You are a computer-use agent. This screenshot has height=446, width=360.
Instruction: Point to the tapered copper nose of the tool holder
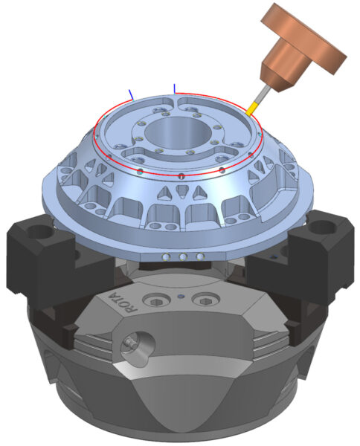(x=277, y=71)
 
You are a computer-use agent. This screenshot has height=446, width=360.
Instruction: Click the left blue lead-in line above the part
(x=131, y=94)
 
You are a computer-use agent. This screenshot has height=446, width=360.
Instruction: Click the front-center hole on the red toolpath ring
(x=181, y=177)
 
